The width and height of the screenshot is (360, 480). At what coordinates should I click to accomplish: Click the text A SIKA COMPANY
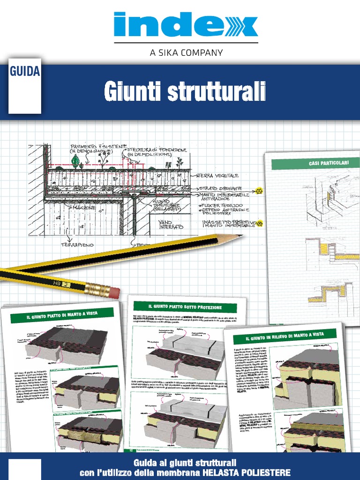(186, 52)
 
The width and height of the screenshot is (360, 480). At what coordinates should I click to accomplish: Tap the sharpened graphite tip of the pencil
(239, 236)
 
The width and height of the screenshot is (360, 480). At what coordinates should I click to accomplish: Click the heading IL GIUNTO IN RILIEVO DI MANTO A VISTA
(285, 335)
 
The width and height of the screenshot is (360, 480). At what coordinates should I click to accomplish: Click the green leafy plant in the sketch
(75, 162)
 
